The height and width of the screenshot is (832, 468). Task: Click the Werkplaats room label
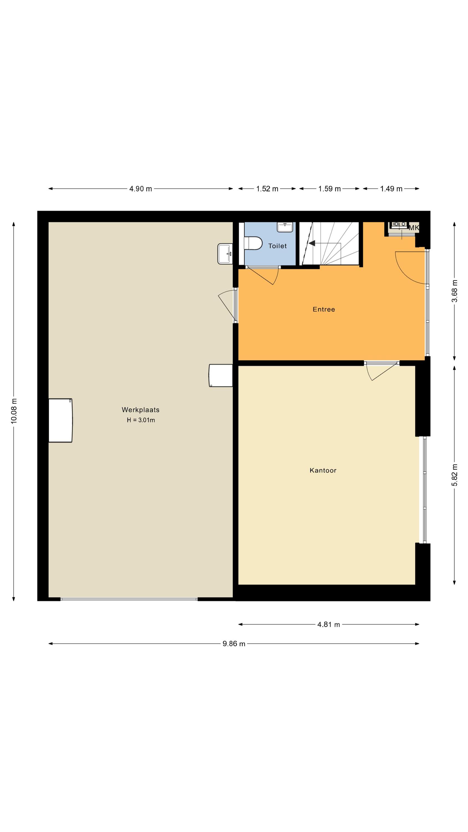[x=141, y=410]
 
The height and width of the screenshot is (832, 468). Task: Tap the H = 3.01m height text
[x=141, y=420]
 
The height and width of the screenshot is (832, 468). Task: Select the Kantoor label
[x=323, y=470]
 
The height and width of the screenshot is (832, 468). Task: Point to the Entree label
[x=324, y=309]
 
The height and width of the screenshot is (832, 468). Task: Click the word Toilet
[x=278, y=246]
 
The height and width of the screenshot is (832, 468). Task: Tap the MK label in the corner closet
[x=414, y=228]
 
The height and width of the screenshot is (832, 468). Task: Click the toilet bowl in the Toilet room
[x=253, y=243]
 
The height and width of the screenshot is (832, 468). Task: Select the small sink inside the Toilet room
[x=285, y=227]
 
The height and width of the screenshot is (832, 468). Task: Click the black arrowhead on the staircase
[x=312, y=243]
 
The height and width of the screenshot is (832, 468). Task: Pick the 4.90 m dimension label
[x=141, y=189]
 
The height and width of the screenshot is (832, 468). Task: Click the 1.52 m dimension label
[x=267, y=189]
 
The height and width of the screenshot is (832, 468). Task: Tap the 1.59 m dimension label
[x=329, y=189]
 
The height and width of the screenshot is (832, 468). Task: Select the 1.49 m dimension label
[x=391, y=189]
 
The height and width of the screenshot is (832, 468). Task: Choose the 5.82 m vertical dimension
[x=454, y=475]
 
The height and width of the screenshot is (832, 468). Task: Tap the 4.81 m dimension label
[x=329, y=624]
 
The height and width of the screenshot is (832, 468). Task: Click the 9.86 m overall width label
[x=234, y=644]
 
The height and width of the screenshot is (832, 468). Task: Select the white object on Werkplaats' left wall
[x=60, y=420]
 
